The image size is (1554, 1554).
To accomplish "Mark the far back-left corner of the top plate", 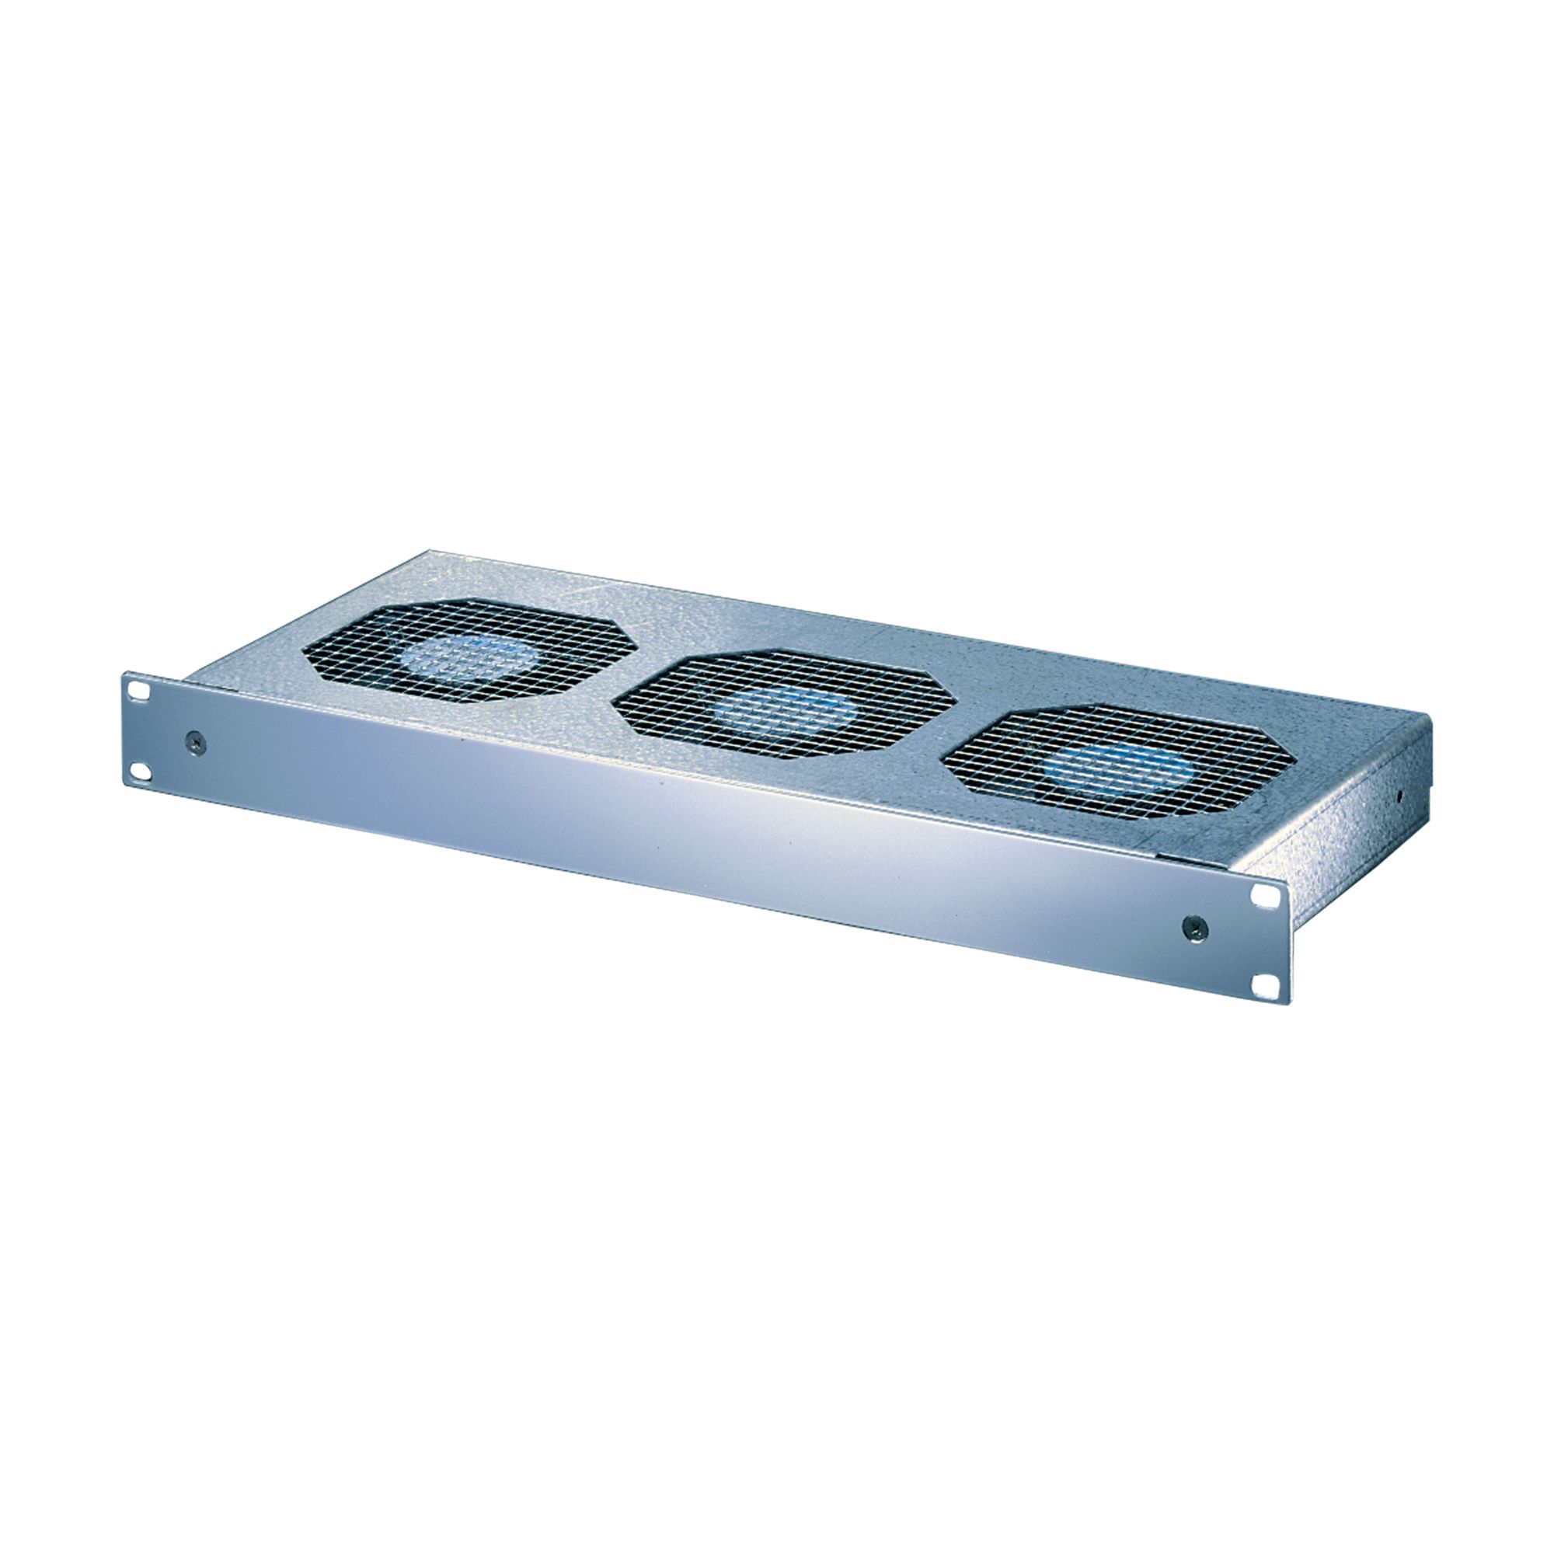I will (427, 552).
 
